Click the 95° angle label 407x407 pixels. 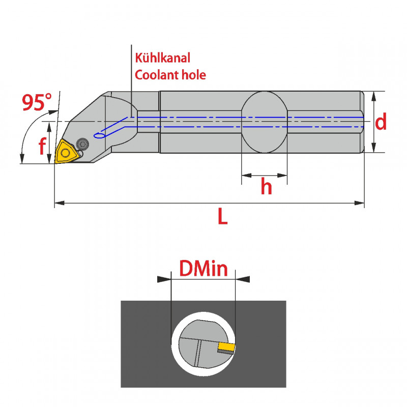tap(37, 103)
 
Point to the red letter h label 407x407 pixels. tap(266, 187)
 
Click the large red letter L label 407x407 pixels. tap(222, 217)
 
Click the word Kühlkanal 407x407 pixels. tap(162, 59)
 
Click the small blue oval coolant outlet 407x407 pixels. tap(100, 135)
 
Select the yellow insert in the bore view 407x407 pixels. tap(225, 347)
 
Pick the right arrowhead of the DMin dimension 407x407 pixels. tap(244, 279)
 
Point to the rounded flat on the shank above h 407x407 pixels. tap(264, 122)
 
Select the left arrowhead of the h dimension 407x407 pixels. tap(245, 176)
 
